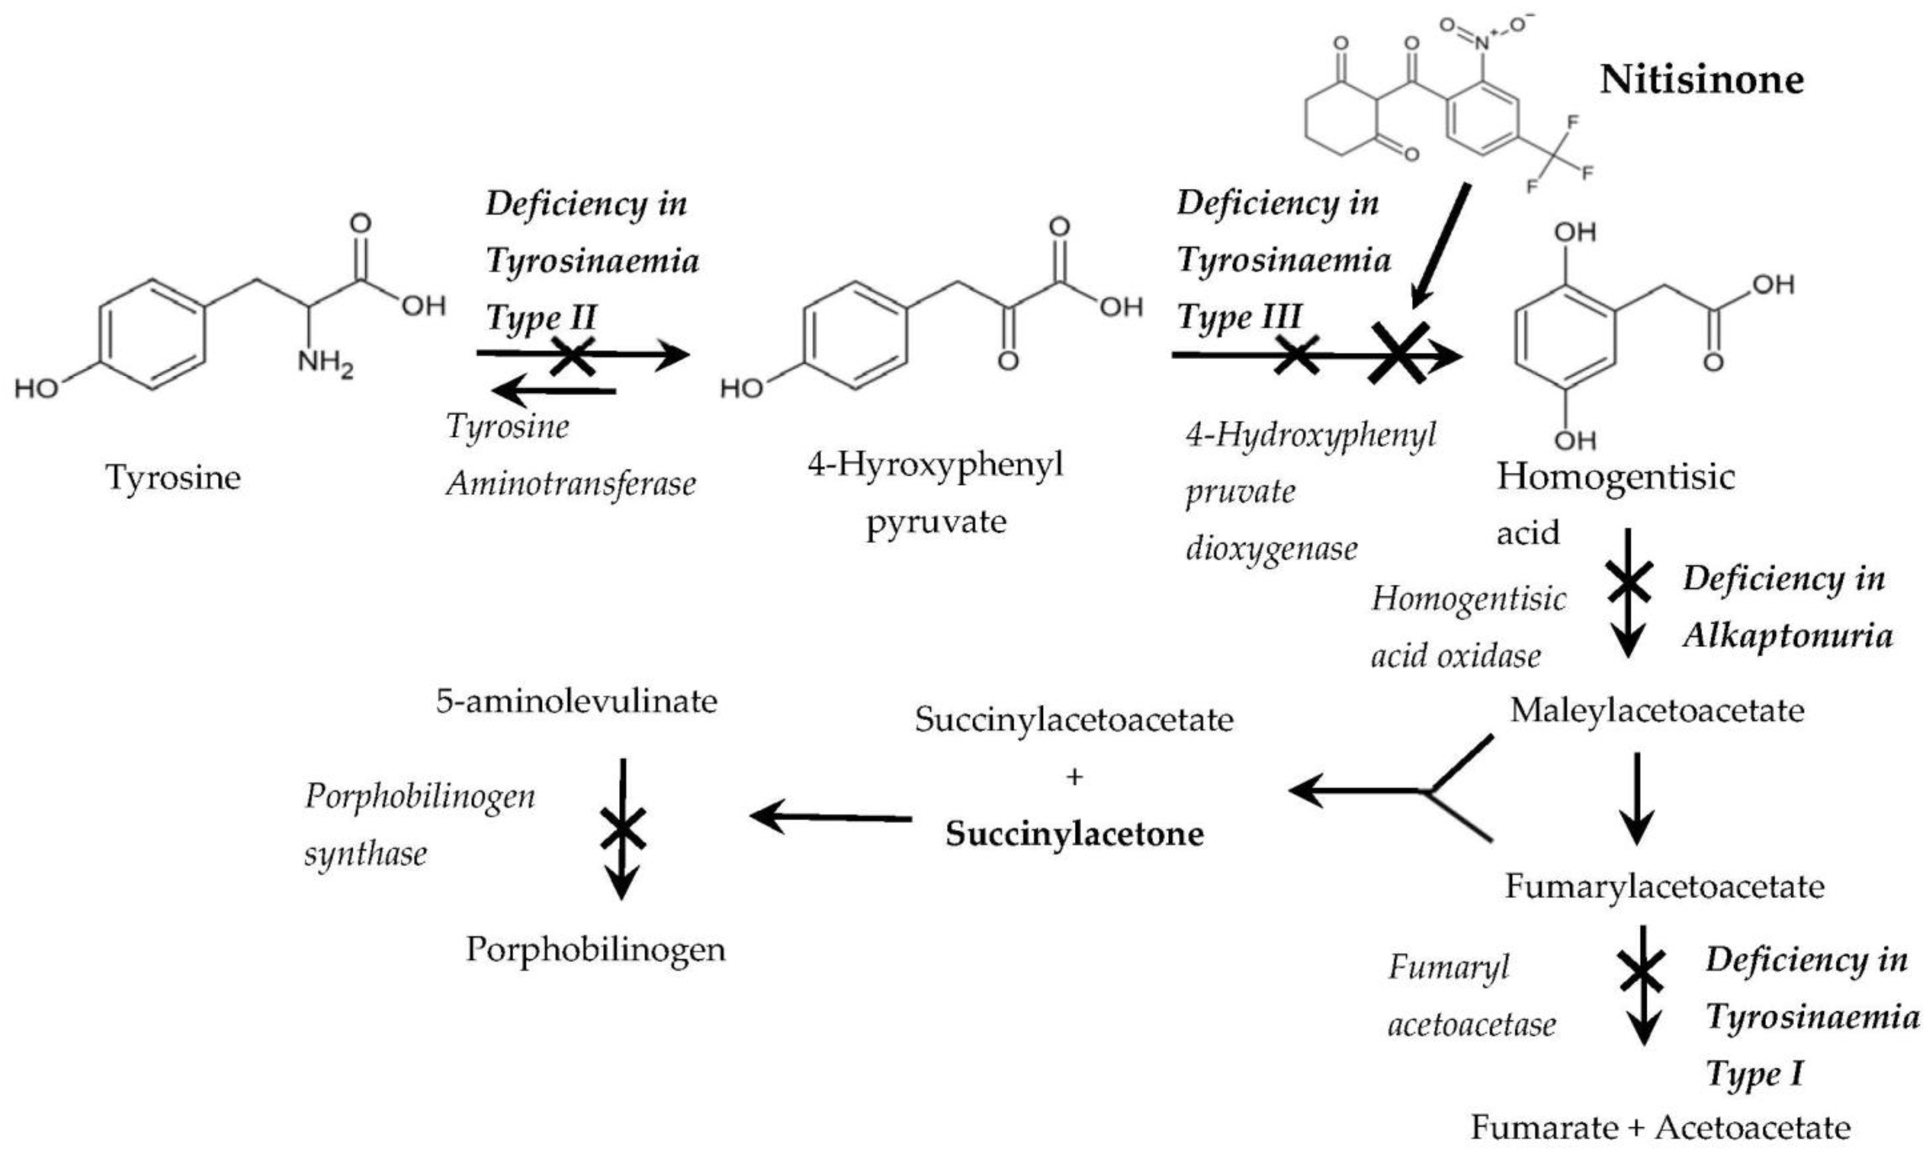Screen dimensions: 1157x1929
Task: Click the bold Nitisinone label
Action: point(1701,79)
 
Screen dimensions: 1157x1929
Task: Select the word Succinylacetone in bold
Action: point(1074,834)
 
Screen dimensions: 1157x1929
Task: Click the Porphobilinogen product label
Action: point(595,949)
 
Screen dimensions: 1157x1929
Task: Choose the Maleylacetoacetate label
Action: point(1657,710)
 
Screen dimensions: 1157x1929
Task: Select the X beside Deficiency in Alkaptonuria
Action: point(1628,583)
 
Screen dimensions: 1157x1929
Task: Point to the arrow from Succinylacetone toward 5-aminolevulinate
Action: point(830,817)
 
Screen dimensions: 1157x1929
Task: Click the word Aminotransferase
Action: point(570,484)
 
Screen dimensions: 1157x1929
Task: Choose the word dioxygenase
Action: point(1271,549)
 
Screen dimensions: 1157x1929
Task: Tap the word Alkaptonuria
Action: point(1787,635)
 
